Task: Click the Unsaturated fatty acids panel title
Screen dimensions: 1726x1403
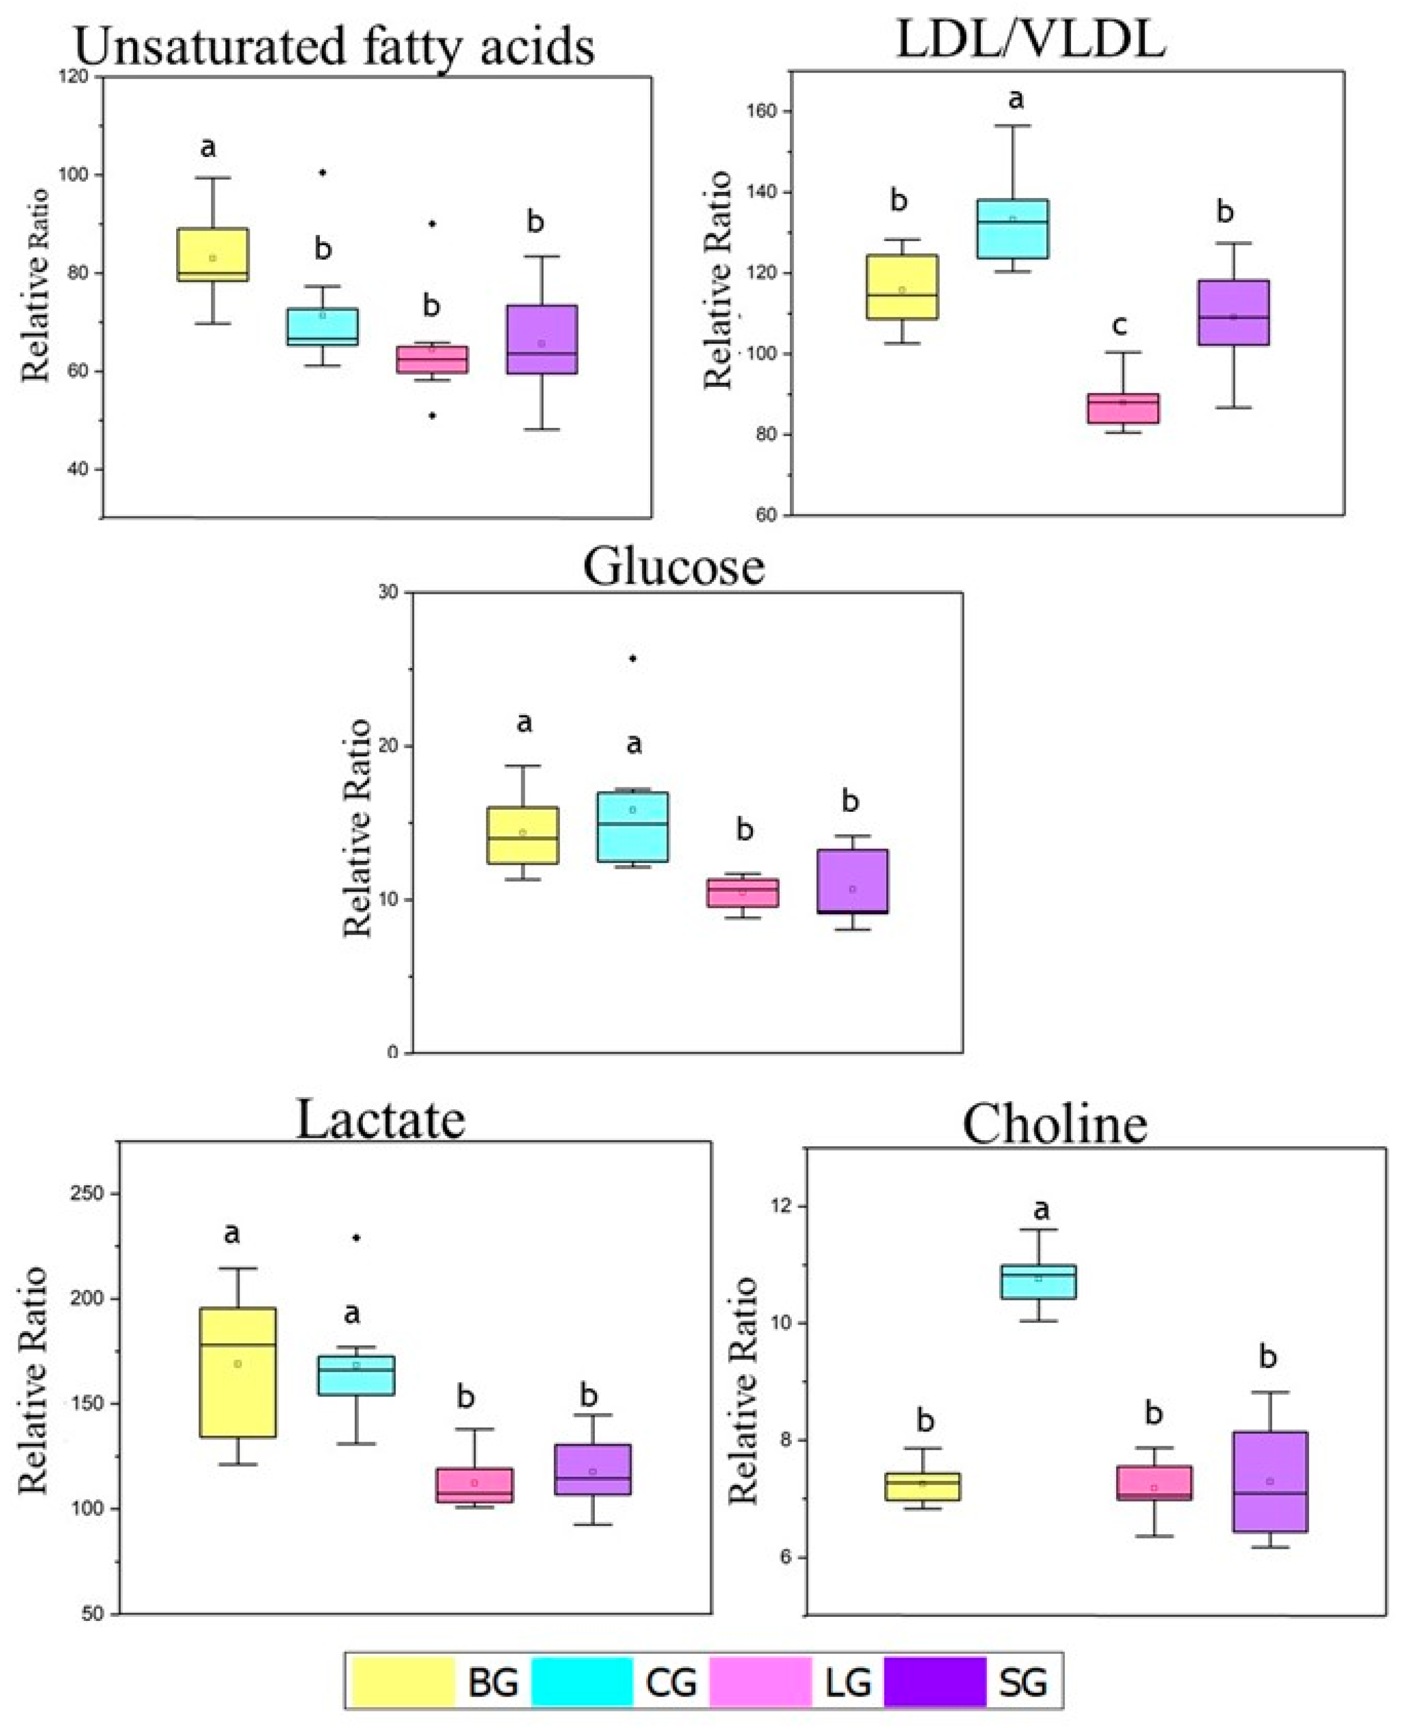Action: coord(335,47)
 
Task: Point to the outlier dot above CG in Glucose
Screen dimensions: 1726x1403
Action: coord(633,658)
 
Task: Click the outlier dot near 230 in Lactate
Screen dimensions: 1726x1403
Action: coord(356,1237)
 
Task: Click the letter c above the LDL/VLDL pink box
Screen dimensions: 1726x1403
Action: coord(1119,325)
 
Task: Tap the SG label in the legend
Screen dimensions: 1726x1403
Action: coord(1022,1683)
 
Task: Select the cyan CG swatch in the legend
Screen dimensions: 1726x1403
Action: coord(582,1681)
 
